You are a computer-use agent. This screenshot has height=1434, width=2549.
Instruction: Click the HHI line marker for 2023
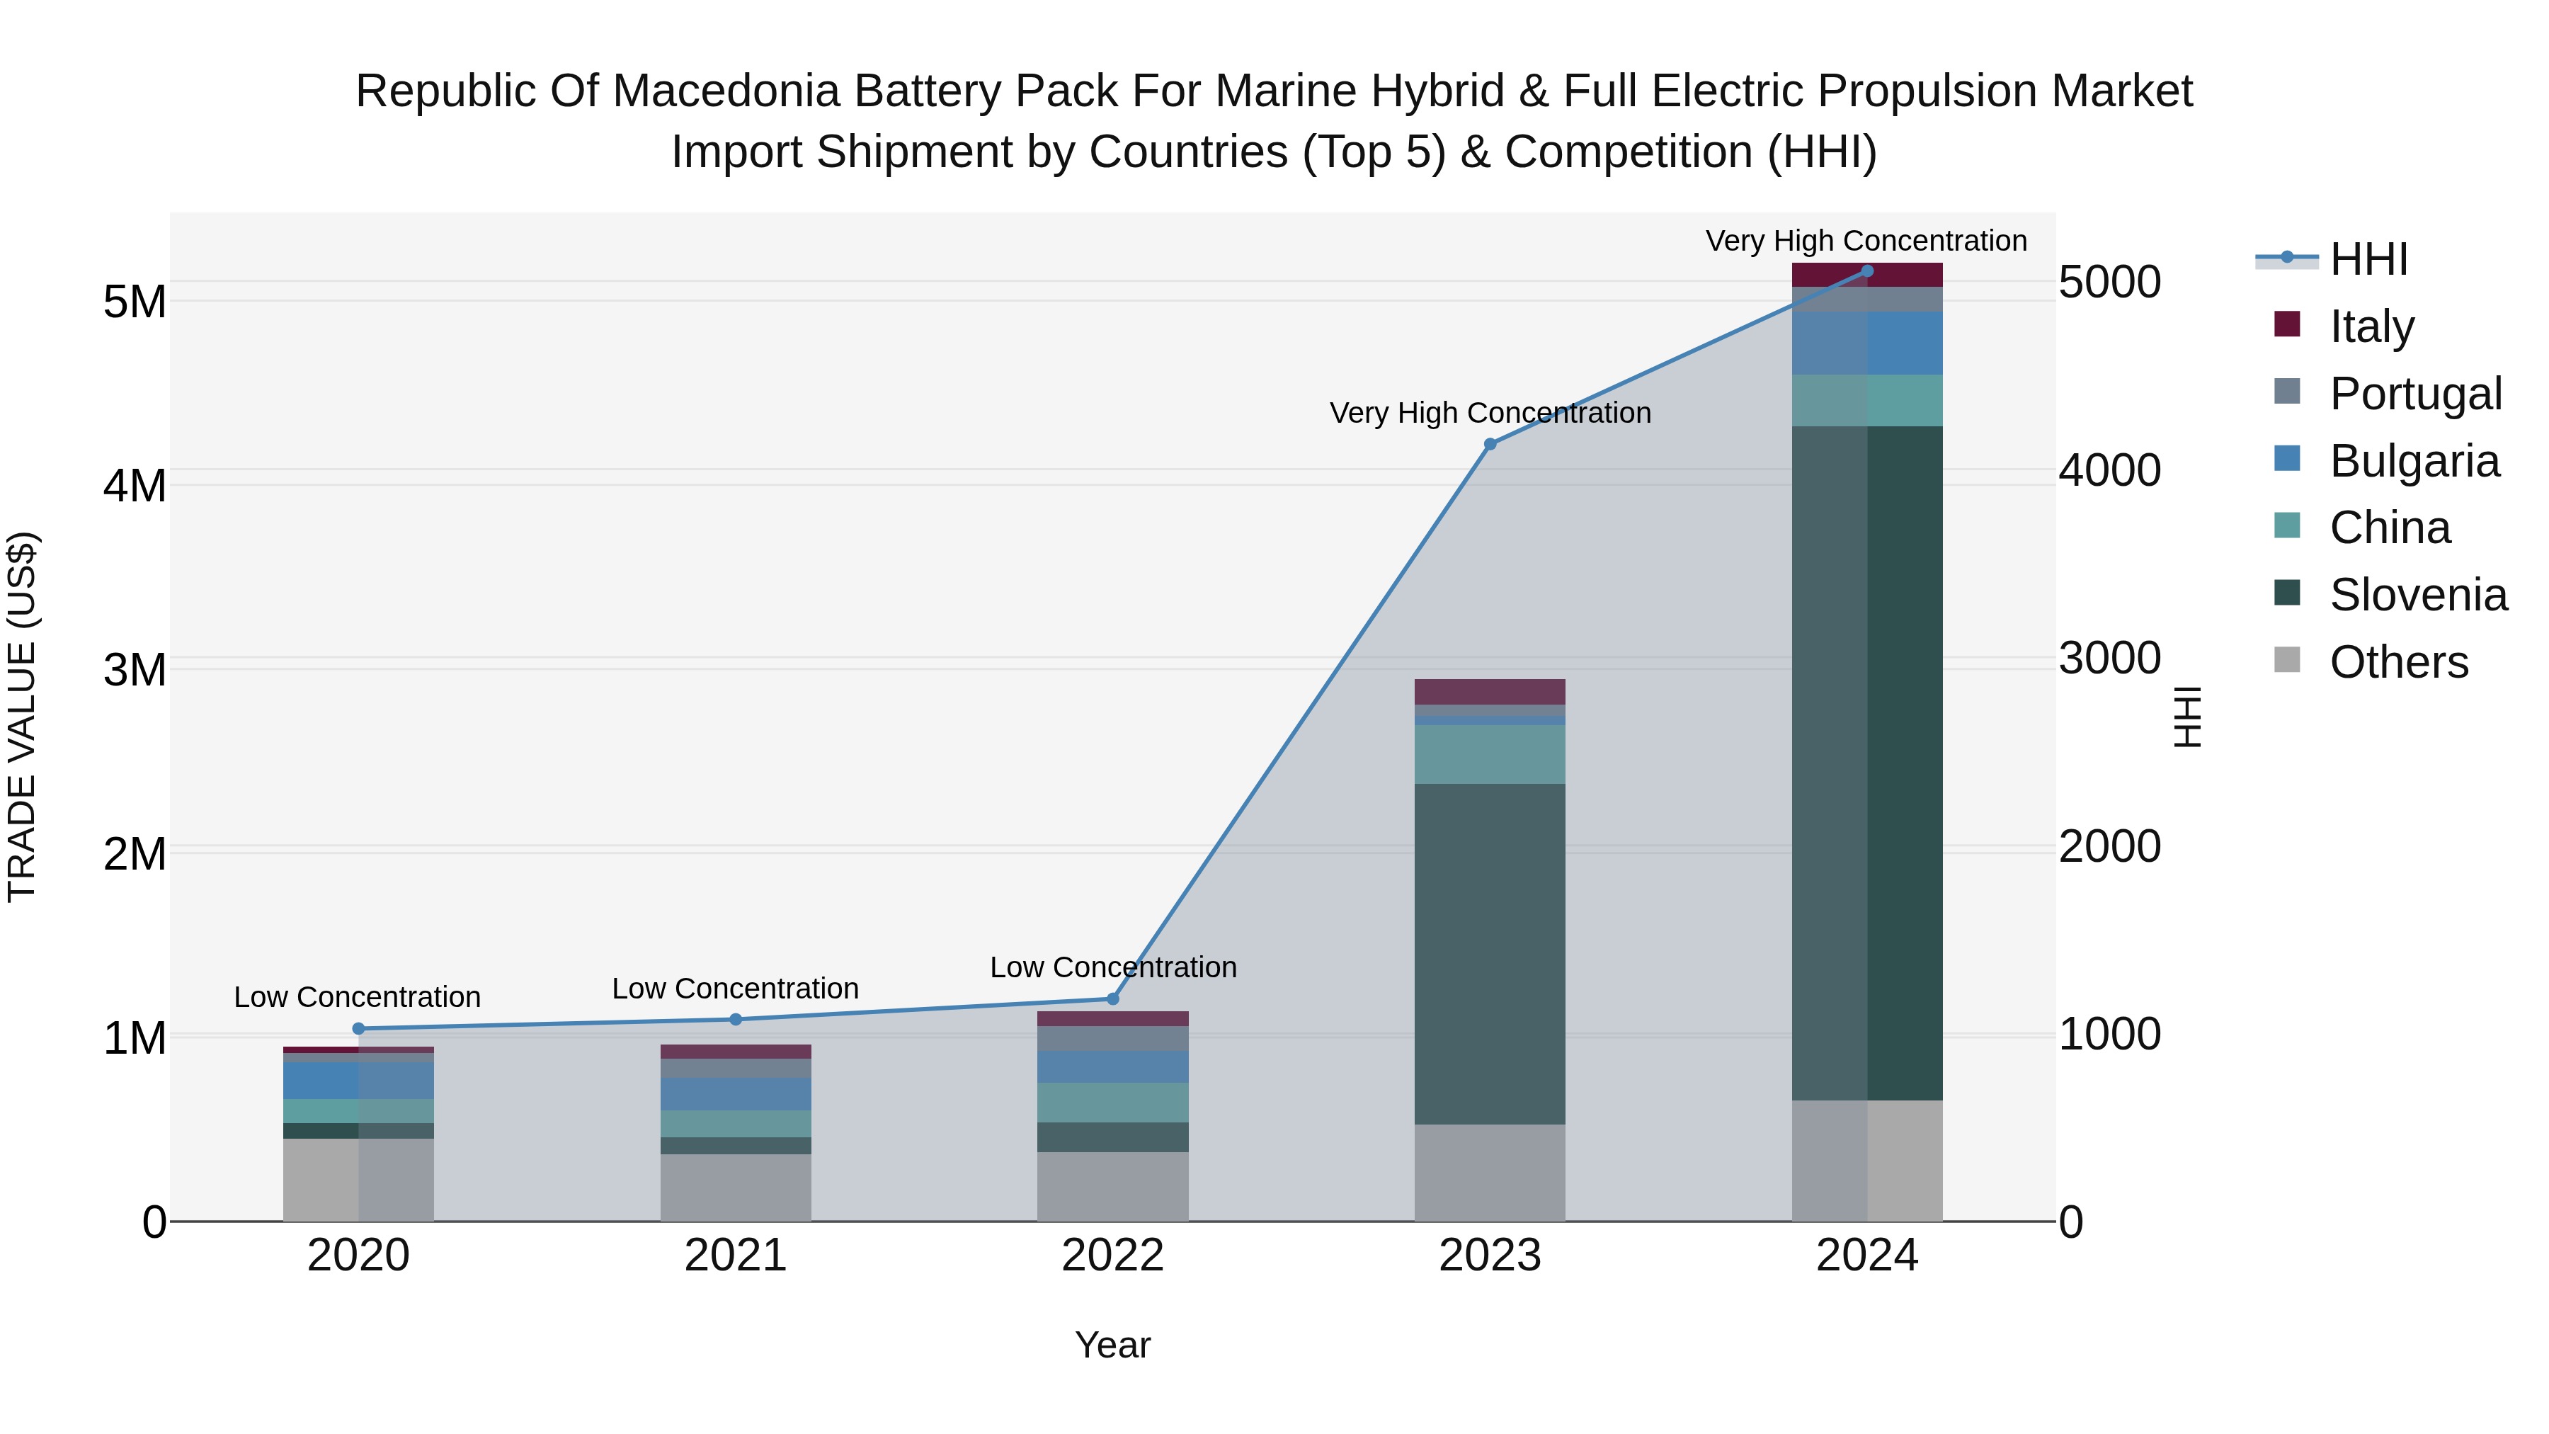click(1490, 444)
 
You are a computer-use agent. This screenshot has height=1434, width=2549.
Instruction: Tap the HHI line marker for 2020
click(358, 1028)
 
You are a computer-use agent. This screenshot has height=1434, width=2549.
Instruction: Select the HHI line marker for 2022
click(1112, 998)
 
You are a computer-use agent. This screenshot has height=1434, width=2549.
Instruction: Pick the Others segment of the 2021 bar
click(735, 1187)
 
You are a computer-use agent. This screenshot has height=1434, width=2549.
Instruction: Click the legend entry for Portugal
click(2415, 394)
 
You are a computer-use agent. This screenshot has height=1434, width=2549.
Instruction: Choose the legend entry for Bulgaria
click(2414, 461)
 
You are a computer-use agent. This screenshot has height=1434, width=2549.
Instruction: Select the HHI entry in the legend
click(2368, 259)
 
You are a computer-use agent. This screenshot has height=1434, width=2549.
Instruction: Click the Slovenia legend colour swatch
click(2287, 593)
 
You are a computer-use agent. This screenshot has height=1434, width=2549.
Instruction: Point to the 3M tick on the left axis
click(135, 670)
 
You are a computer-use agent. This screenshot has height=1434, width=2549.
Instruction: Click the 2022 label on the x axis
click(1112, 1256)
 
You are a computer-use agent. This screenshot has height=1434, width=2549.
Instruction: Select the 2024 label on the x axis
click(1866, 1256)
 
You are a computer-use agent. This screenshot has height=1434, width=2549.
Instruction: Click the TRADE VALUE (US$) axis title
click(22, 717)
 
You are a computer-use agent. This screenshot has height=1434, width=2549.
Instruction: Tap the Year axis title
click(1112, 1345)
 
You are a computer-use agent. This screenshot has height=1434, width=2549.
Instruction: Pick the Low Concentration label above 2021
click(735, 989)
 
